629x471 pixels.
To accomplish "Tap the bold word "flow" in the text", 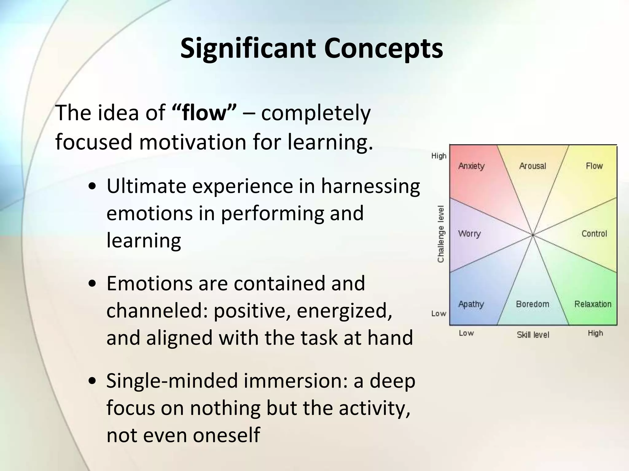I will [204, 113].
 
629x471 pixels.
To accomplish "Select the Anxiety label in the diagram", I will [471, 166].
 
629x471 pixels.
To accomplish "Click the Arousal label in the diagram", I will [533, 166].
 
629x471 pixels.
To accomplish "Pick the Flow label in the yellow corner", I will [594, 166].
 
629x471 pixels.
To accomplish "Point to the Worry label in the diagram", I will [469, 234].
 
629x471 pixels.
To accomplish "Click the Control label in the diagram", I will [594, 234].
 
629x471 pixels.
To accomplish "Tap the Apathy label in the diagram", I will [471, 304].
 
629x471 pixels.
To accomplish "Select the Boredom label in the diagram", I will [533, 304].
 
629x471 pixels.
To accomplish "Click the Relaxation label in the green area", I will [593, 304].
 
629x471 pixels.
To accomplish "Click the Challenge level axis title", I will [441, 234].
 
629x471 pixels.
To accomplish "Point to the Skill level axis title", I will [533, 335].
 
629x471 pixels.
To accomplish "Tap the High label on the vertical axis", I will [439, 156].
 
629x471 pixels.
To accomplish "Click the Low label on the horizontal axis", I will [466, 333].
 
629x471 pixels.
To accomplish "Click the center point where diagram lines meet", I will [533, 235].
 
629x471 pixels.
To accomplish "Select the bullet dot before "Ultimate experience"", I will [92, 187].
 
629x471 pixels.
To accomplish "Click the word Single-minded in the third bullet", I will [172, 381].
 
